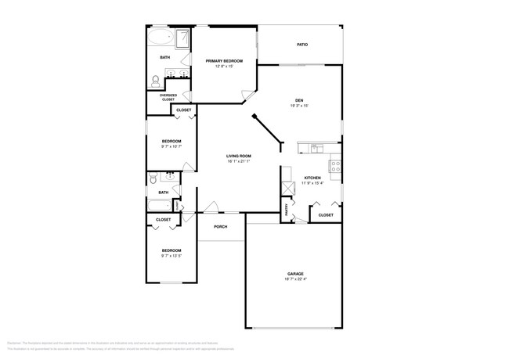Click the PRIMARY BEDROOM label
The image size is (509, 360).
224,61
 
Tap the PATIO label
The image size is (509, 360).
301,45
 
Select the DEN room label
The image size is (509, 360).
299,100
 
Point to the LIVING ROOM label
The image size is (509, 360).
239,157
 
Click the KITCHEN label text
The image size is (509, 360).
312,178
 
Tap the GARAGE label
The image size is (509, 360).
294,273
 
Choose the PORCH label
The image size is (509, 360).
220,227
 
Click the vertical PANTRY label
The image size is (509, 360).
287,209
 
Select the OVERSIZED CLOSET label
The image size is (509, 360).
168,99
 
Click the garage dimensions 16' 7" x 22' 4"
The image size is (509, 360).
294,279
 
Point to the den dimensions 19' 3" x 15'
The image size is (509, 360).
299,106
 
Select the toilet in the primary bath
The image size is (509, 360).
155,80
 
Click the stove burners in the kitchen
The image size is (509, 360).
335,166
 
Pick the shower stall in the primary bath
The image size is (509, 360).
183,38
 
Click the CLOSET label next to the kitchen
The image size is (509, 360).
326,214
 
